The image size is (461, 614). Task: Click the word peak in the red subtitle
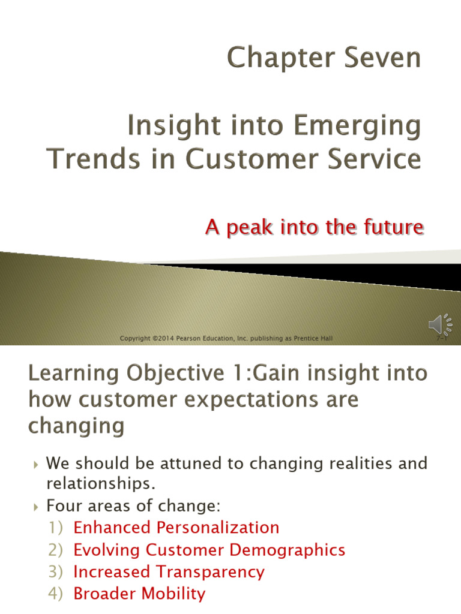point(249,227)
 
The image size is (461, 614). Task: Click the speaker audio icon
point(440,324)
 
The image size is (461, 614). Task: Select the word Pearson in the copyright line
point(188,338)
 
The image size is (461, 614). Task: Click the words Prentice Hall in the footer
point(313,338)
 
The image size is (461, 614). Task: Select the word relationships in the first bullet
point(101,484)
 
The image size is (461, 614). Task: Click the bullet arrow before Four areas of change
point(36,507)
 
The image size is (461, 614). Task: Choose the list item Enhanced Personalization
point(176,528)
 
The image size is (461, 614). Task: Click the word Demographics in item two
point(288,550)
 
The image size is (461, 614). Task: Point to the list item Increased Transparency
point(169,572)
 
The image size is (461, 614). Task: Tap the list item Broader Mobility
point(139,594)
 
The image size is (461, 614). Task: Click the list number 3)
point(55,571)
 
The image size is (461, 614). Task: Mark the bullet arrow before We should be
point(36,465)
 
